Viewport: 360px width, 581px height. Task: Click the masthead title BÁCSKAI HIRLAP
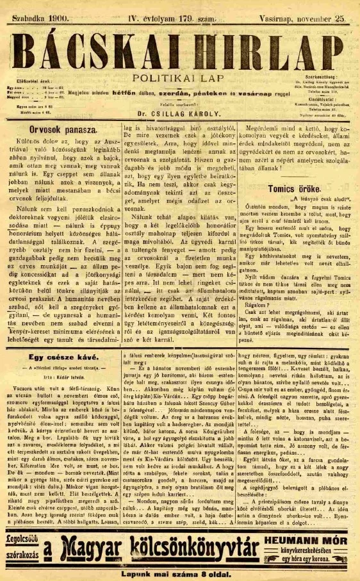[x=180, y=49]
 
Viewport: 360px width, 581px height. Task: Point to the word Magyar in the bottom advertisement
[x=91, y=548]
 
